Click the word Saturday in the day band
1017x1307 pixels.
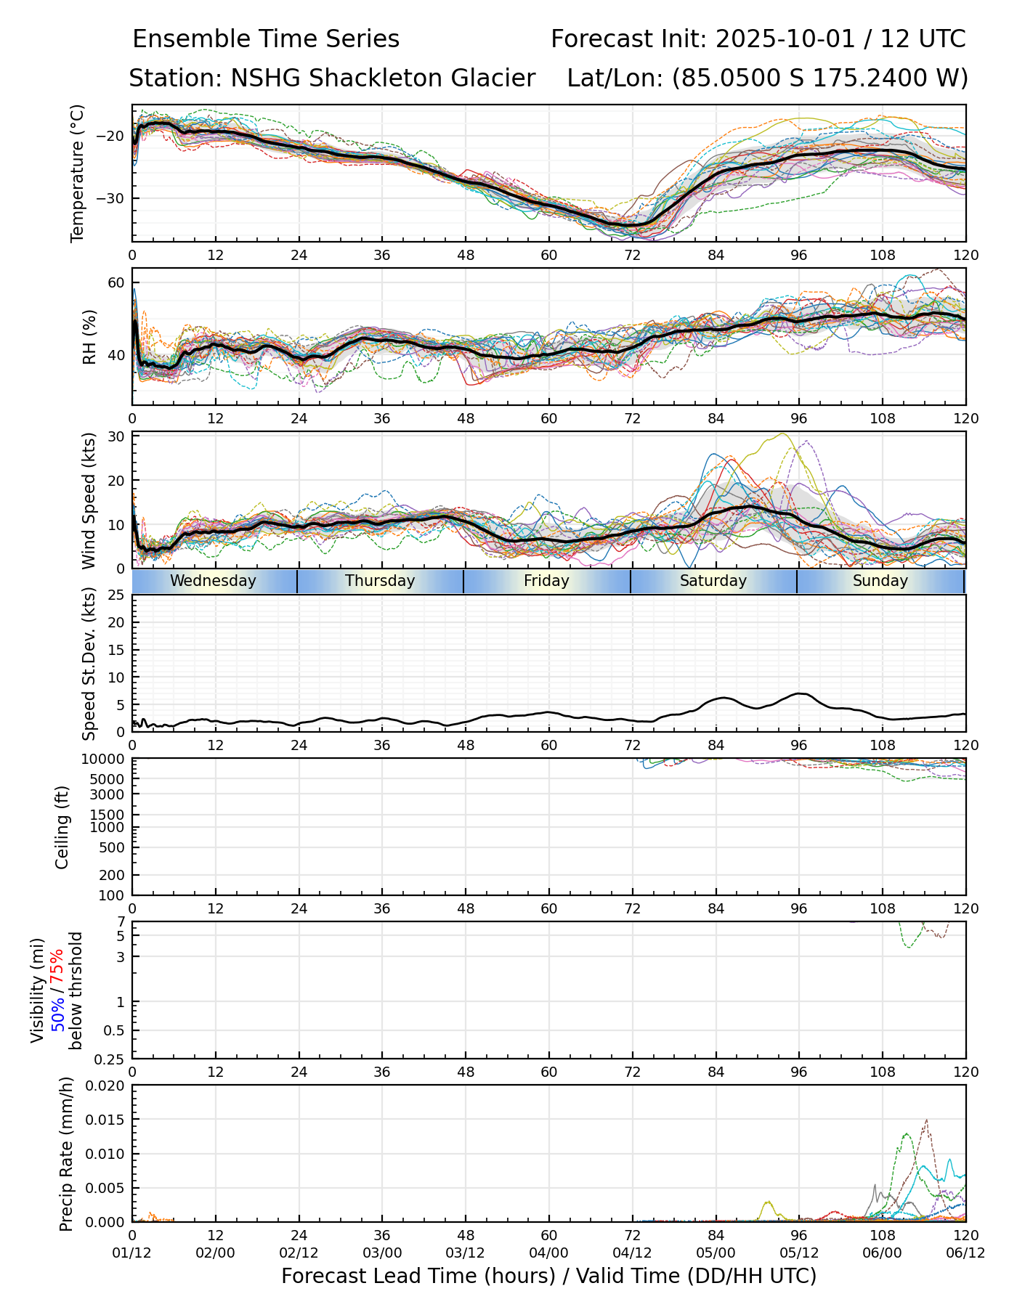pos(713,581)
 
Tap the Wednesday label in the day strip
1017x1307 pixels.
pos(213,581)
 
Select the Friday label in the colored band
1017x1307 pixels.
pos(546,581)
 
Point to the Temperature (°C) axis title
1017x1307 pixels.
pos(78,173)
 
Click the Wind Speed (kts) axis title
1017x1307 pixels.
pos(89,500)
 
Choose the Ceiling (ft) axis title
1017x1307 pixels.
pos(62,827)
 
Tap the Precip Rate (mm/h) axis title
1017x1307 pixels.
pos(67,1154)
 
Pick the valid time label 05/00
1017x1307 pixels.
pos(716,1253)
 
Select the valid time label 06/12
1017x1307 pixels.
pos(965,1253)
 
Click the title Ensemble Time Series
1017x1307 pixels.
pos(266,39)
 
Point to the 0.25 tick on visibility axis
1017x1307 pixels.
pos(108,1058)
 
